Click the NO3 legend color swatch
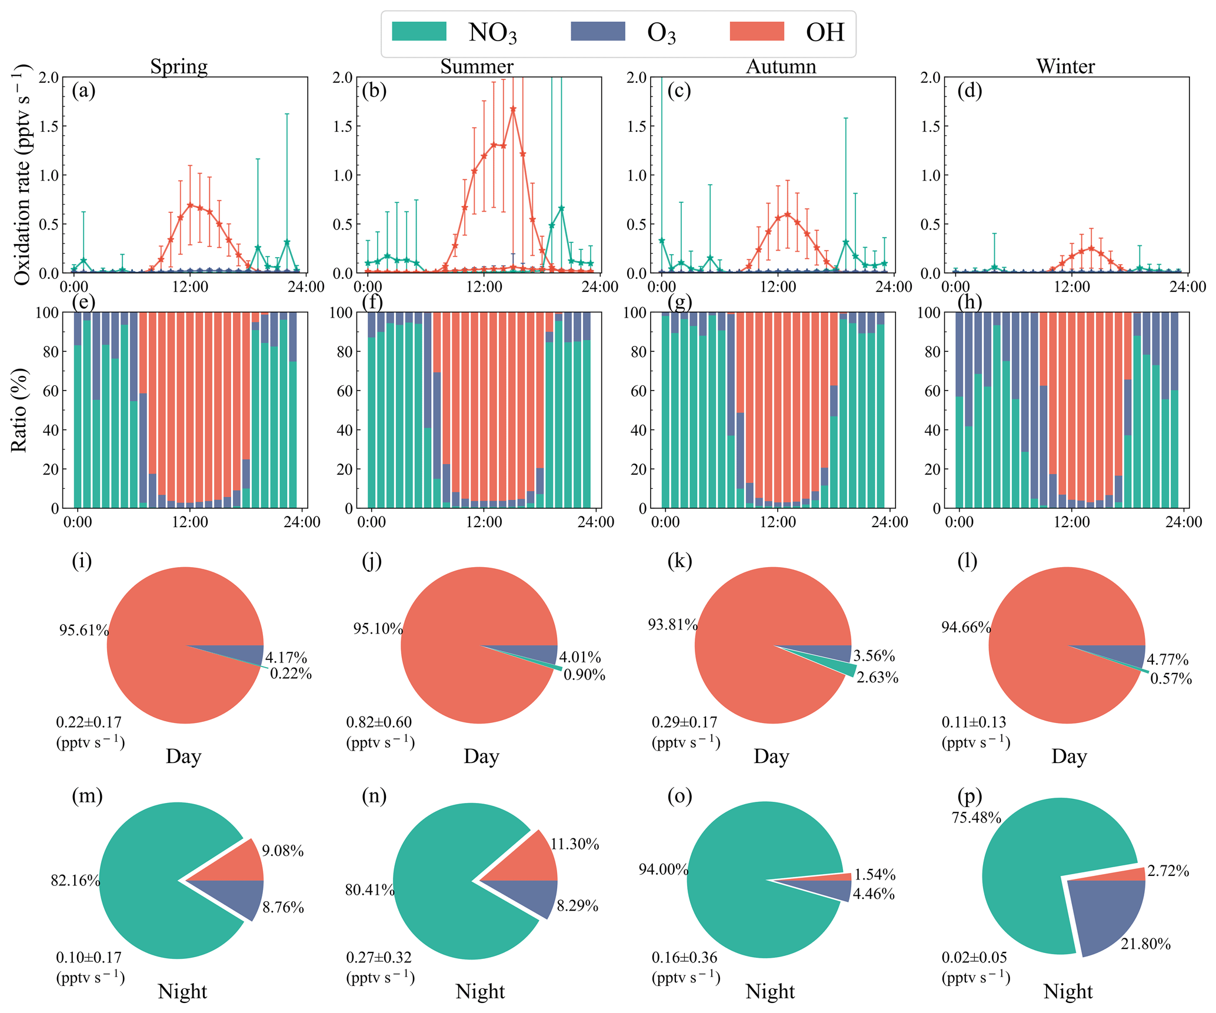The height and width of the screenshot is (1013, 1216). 419,31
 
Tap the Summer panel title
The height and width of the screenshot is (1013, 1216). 477,66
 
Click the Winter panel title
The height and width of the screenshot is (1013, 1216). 1065,66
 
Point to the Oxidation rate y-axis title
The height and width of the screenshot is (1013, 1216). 22,175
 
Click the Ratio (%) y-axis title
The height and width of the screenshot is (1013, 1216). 19,410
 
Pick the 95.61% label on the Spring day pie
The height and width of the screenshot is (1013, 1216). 84,631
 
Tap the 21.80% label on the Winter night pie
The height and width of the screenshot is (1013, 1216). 1145,944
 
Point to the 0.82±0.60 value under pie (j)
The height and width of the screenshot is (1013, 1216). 379,722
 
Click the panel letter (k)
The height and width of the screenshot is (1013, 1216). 679,561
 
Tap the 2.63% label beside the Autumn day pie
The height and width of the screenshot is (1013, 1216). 877,678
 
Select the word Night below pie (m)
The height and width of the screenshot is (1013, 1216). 182,992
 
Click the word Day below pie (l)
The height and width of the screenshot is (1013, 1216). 1069,757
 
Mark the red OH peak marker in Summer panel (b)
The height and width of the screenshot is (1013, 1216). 513,109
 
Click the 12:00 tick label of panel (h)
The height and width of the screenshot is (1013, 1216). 1071,522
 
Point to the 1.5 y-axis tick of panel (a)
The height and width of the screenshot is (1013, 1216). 49,126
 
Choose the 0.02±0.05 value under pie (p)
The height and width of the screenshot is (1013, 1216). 974,958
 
